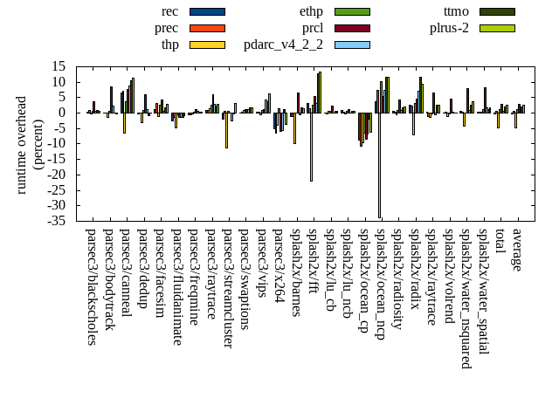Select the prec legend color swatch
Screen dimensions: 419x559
[207, 28]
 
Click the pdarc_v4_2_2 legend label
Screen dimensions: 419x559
[283, 45]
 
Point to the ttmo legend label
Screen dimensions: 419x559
[456, 11]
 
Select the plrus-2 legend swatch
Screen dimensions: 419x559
[497, 28]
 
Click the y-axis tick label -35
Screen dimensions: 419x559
[59, 221]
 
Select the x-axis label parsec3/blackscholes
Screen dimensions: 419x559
[92, 286]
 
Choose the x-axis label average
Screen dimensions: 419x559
[517, 250]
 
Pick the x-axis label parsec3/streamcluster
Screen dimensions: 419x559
[228, 289]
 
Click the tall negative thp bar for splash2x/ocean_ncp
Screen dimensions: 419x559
[379, 165]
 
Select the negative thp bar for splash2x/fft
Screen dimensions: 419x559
[311, 147]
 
